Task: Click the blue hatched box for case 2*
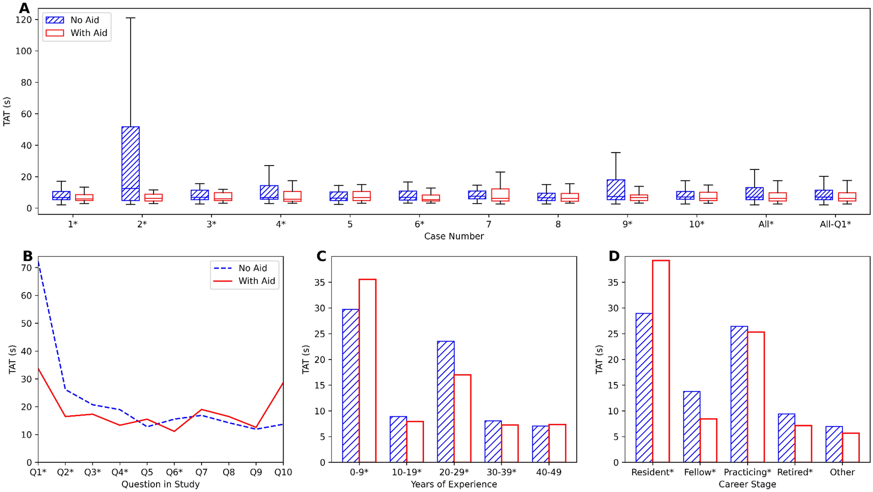(130, 163)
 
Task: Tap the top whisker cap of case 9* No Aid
(615, 153)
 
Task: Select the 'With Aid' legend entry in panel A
(77, 33)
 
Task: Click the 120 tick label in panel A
(23, 20)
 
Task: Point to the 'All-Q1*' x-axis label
(835, 224)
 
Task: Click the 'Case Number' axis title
(454, 236)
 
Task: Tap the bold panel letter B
(27, 256)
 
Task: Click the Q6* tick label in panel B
(174, 472)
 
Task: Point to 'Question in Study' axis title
(161, 484)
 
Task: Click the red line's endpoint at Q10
(283, 383)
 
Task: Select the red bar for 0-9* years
(368, 370)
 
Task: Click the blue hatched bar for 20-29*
(446, 402)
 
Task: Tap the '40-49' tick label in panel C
(549, 472)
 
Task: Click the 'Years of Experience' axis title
(454, 484)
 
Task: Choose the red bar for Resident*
(661, 361)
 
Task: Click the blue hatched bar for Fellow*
(692, 426)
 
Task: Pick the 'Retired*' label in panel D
(795, 472)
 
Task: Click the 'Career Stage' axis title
(747, 484)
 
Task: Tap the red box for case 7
(500, 195)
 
